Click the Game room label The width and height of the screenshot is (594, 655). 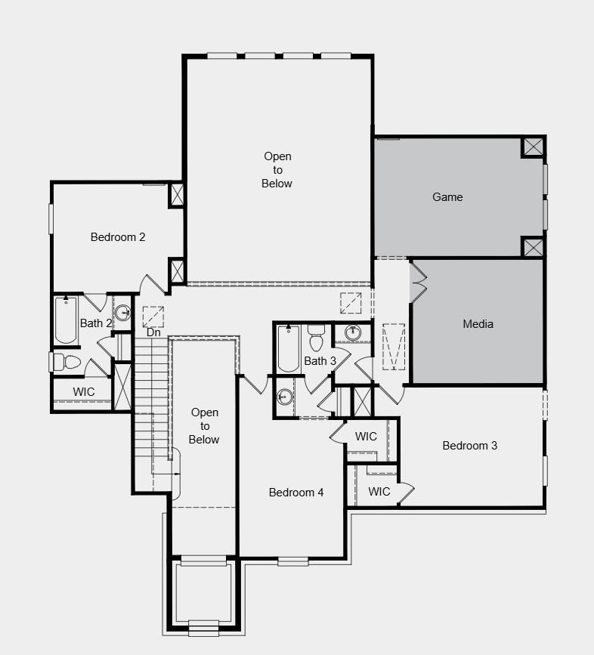[x=447, y=197]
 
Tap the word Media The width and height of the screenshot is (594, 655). [x=478, y=324]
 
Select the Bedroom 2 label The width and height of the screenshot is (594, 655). [x=118, y=237]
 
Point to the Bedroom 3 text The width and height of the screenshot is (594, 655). [x=469, y=446]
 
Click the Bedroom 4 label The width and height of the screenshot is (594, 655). [x=296, y=493]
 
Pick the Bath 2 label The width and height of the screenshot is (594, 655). [x=96, y=323]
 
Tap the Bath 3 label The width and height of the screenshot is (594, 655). [x=320, y=361]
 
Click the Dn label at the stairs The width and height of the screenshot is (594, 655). [x=153, y=332]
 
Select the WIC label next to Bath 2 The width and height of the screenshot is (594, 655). [x=84, y=392]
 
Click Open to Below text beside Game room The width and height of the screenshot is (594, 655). [x=277, y=170]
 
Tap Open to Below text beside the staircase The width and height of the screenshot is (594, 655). [x=204, y=426]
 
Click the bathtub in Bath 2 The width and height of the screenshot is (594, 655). [x=66, y=319]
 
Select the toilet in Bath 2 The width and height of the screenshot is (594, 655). [x=68, y=362]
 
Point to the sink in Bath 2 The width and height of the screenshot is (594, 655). [x=123, y=313]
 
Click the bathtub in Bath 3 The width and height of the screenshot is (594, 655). [x=288, y=348]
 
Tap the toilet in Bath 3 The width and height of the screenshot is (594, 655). [x=316, y=339]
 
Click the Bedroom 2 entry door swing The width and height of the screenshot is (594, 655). [x=153, y=285]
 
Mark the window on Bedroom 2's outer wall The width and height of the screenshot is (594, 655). [x=51, y=218]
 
